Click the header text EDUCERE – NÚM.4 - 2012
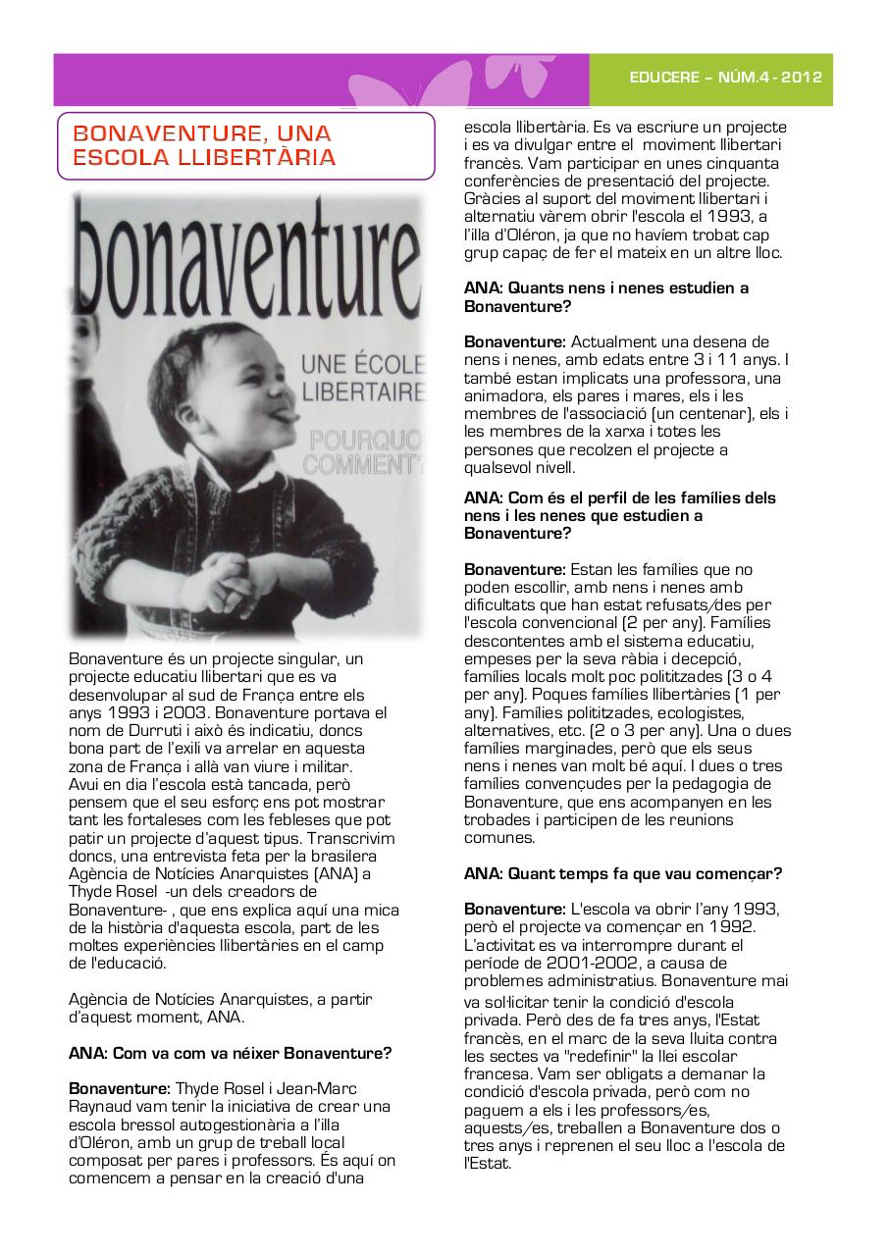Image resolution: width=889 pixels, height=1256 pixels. point(725,78)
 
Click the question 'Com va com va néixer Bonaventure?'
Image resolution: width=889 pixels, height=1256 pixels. point(230,1054)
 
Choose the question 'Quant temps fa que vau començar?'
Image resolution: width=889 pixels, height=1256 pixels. point(623,873)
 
